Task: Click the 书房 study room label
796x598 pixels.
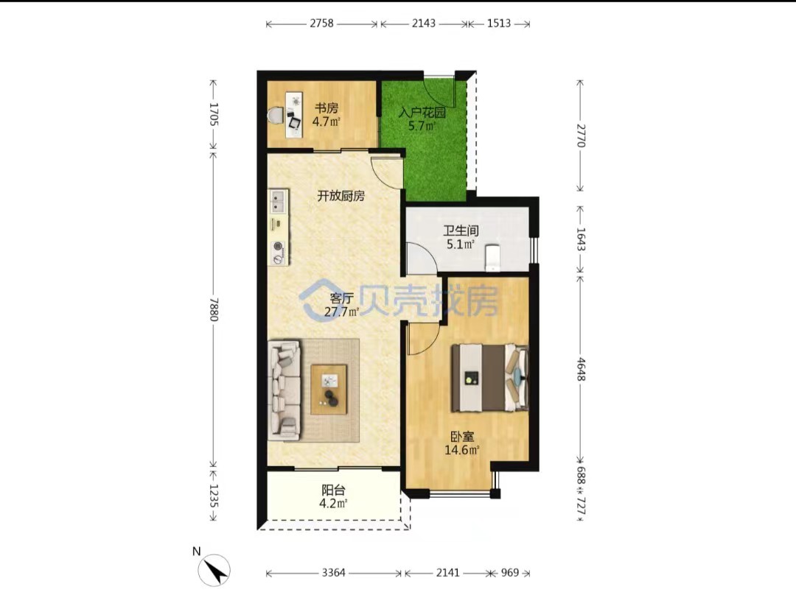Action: click(327, 108)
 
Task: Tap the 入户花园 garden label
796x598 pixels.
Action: click(422, 112)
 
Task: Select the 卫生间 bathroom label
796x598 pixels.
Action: click(461, 231)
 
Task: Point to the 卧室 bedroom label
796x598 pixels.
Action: click(462, 436)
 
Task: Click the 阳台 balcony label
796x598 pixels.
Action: click(334, 490)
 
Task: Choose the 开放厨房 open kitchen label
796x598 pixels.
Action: click(341, 196)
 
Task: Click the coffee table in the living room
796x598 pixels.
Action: click(329, 389)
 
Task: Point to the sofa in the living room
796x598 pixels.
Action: click(284, 389)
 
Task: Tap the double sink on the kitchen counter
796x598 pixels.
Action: click(277, 201)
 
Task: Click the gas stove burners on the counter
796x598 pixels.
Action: click(278, 253)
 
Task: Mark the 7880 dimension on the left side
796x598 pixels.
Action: click(214, 309)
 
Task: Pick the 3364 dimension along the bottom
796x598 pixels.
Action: click(334, 573)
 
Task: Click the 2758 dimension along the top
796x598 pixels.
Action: click(322, 24)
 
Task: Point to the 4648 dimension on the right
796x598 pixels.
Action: click(581, 369)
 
